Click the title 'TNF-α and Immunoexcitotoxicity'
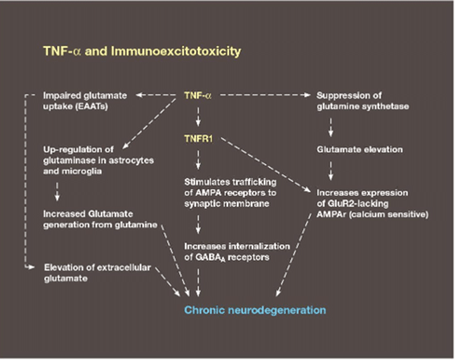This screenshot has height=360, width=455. (142, 51)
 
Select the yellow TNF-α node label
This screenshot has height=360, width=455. (198, 95)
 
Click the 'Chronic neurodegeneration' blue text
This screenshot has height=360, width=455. (254, 309)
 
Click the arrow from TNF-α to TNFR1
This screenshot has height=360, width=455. (198, 117)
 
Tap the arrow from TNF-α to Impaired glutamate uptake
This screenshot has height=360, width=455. (157, 95)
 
